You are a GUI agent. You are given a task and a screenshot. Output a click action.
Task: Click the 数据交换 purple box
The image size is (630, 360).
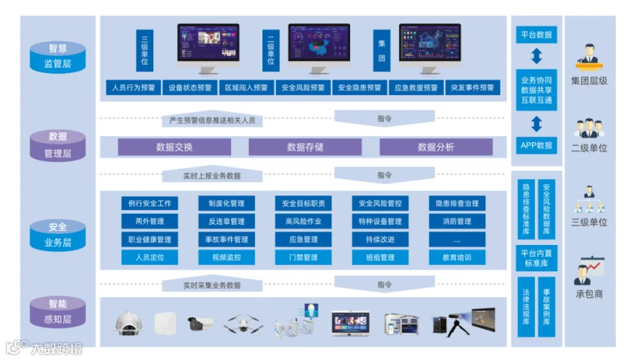tap(174, 147)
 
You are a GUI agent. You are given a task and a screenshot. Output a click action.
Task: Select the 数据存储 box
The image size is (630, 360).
tap(305, 147)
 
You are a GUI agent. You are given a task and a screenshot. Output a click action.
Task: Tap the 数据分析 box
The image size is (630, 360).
tap(435, 147)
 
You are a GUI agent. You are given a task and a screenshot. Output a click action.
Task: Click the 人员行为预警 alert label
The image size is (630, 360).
tap(133, 88)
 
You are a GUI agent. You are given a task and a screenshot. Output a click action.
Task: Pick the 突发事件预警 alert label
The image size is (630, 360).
tap(472, 88)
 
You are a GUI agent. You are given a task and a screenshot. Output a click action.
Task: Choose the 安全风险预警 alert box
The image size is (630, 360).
tap(303, 88)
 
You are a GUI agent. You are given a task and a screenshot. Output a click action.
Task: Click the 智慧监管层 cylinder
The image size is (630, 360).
tap(58, 57)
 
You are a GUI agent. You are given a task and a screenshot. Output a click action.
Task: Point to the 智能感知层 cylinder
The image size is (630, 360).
tap(58, 312)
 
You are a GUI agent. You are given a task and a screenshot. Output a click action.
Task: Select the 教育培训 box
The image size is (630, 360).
tap(457, 257)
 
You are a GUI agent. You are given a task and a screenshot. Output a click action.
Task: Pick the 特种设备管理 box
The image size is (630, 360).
tap(380, 221)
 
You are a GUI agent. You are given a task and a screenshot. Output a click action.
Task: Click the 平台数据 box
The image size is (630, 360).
tap(536, 34)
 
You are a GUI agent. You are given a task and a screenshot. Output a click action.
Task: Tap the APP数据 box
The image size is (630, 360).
tap(536, 146)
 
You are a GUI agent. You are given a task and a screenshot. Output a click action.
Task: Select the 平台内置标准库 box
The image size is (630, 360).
tap(536, 258)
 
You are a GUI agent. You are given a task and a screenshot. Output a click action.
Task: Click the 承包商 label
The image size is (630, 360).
tap(589, 294)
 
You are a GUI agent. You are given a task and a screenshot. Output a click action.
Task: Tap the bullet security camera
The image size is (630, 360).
tap(201, 323)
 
